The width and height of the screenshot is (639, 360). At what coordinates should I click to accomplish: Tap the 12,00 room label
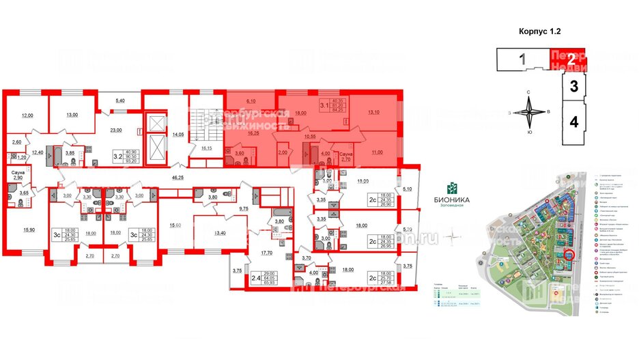point(26,116)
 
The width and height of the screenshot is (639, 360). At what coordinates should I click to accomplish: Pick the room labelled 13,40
point(218,233)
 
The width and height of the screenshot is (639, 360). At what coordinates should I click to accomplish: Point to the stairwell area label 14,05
point(180,135)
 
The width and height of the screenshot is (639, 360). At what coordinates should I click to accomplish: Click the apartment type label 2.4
point(255,278)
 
